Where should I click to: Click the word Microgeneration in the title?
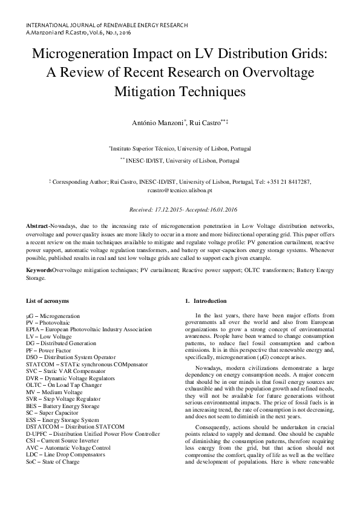(x=83, y=53)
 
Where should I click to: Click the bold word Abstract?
(x=38, y=224)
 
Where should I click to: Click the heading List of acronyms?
(x=48, y=300)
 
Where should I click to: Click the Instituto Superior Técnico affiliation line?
(x=180, y=148)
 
